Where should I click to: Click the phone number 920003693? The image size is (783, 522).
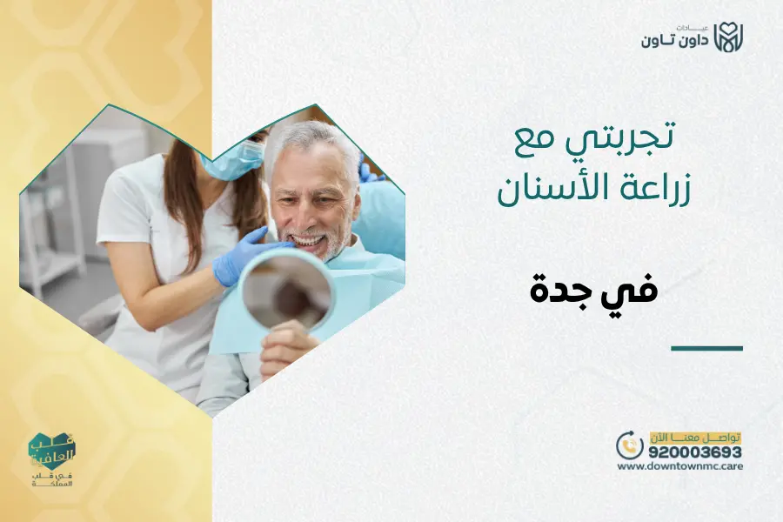[x=694, y=452]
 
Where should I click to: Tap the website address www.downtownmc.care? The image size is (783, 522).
[x=680, y=466]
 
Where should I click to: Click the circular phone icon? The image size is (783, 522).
[x=629, y=445]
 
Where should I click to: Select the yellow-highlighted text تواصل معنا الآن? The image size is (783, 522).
[x=695, y=436]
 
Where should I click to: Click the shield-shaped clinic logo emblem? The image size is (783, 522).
[x=729, y=37]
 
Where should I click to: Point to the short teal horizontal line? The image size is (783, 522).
[x=706, y=348]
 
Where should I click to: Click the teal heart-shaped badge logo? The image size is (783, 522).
[x=52, y=452]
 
